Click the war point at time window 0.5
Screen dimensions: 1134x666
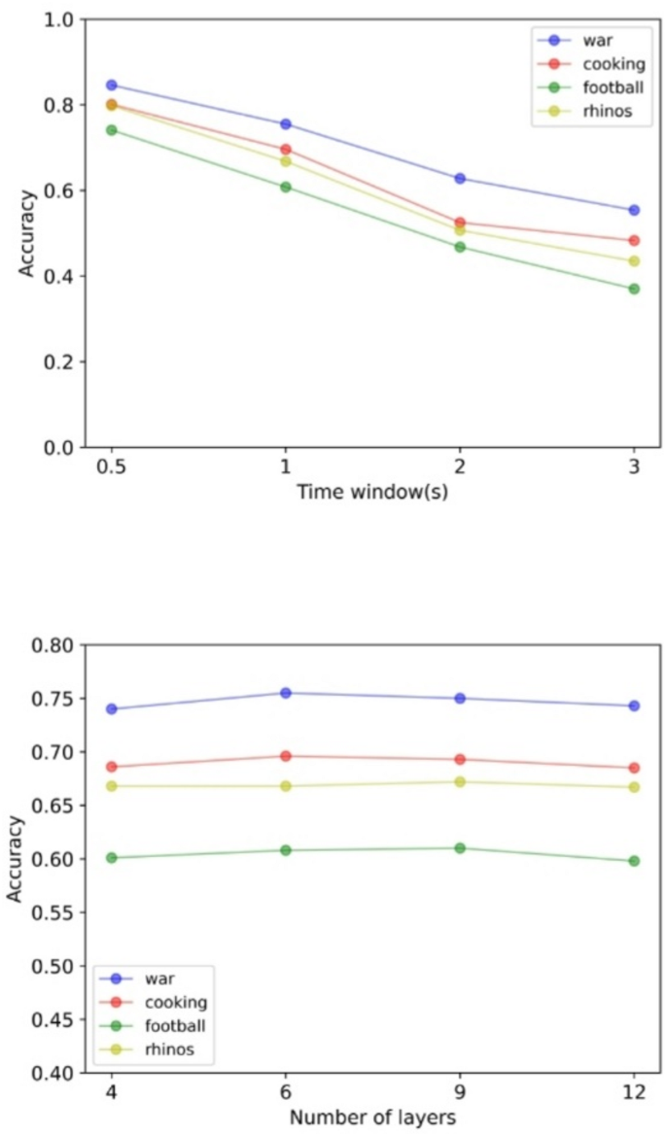111,86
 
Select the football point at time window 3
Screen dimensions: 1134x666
634,289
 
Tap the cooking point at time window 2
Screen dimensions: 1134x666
460,223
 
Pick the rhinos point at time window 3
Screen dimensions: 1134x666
634,261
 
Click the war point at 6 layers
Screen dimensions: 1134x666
286,693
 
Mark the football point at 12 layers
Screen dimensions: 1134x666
634,861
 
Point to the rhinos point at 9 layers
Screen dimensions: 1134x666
460,781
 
